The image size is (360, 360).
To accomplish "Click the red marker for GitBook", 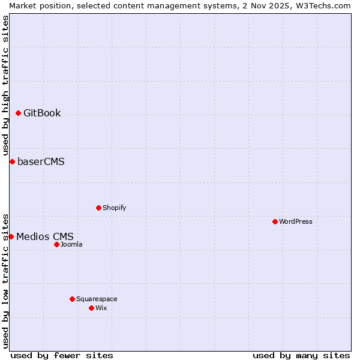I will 18,113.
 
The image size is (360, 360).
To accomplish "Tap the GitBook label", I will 42,113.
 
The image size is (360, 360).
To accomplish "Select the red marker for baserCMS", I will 12,161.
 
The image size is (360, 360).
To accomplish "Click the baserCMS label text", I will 41,162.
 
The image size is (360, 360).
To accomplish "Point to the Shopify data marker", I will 98,208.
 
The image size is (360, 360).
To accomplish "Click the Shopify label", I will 114,208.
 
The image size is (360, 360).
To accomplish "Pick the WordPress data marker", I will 275,221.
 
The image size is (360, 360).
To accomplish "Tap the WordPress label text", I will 295,222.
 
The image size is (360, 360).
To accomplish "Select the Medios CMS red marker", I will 11,236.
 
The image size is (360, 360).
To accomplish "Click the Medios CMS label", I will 44,237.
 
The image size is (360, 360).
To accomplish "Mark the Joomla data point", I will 56,244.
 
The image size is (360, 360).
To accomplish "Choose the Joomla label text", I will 71,245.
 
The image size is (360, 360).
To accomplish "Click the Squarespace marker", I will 72,299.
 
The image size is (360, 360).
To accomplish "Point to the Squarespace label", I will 97,299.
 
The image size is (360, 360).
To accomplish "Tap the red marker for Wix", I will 91,308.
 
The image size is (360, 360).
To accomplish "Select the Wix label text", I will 101,308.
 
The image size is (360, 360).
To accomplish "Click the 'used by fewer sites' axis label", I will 62,355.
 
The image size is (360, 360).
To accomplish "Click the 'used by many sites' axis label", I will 301,355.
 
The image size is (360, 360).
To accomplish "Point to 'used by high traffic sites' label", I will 5,84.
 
